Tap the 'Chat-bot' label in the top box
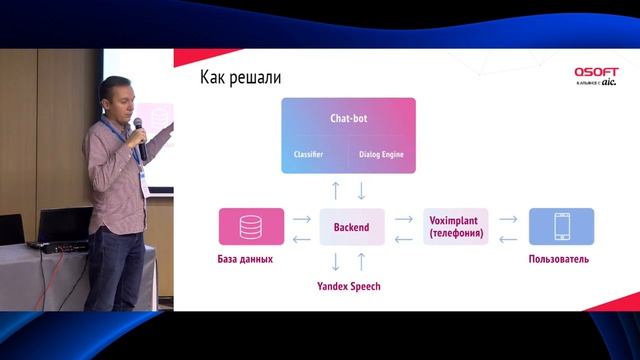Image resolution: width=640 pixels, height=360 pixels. pos(348,119)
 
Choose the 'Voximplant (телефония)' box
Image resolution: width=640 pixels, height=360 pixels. pos(456,227)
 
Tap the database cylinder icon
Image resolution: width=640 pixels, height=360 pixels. pos(251,226)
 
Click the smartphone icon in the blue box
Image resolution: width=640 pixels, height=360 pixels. pos(560,226)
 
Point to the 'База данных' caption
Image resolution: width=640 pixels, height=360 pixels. pos(245,260)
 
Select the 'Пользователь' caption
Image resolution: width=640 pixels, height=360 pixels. pos(558,260)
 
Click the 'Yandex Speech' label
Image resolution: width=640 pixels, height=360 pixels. pos(348,286)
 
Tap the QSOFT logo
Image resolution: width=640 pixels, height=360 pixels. pos(596,72)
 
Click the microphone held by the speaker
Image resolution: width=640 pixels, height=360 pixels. pos(140,140)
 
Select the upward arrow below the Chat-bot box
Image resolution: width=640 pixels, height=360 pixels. pos(336,190)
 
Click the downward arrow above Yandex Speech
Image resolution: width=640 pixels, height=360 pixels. pos(336,262)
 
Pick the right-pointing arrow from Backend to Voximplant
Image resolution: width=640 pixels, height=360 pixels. pos(403,217)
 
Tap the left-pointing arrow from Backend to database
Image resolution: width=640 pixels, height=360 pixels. pos(301,238)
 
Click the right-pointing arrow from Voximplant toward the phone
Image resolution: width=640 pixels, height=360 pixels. pos(508,217)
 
